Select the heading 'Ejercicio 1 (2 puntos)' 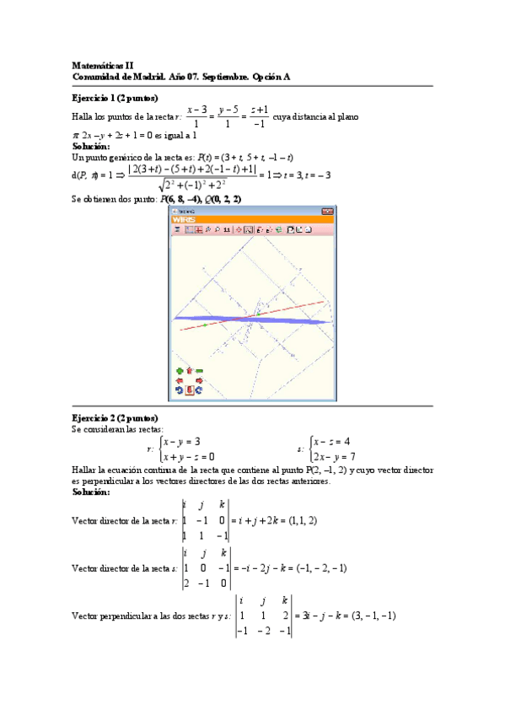[116, 98]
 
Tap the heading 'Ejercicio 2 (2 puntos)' [116, 418]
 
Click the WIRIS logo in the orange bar [184, 219]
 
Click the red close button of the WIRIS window [327, 211]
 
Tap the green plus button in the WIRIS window [179, 370]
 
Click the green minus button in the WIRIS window [200, 370]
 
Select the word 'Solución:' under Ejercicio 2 [91, 492]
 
